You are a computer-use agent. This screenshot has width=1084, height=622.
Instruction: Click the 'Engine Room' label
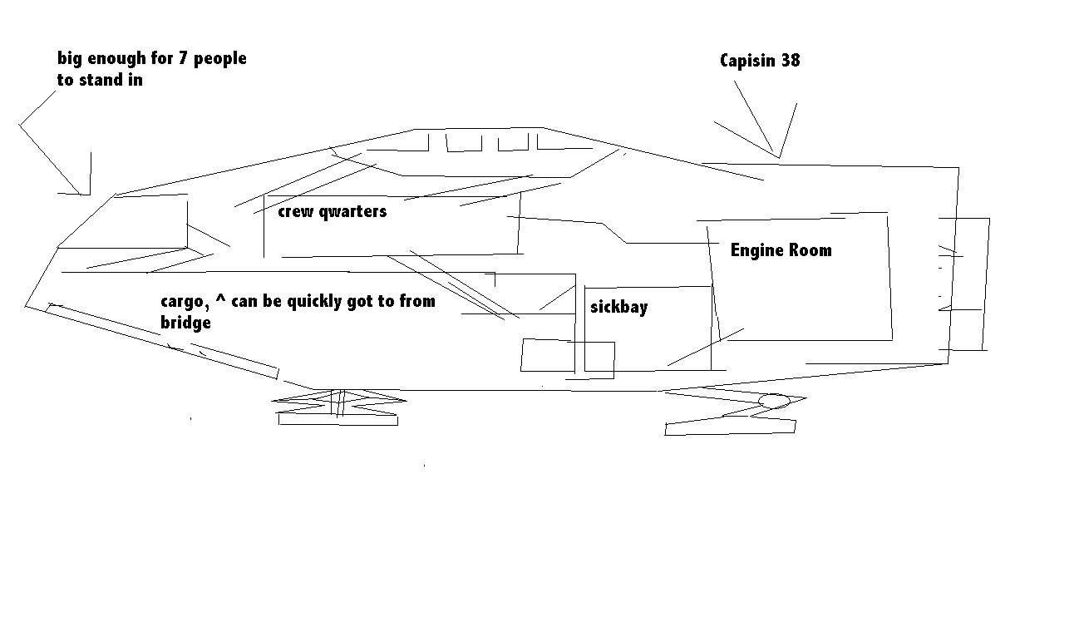click(x=781, y=250)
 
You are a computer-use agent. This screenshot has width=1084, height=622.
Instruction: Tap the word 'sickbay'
click(x=619, y=307)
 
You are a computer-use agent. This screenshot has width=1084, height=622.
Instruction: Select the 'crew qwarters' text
click(x=333, y=211)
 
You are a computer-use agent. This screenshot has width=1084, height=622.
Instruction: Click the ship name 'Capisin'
click(x=748, y=61)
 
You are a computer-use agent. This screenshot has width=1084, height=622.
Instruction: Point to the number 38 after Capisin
click(x=791, y=61)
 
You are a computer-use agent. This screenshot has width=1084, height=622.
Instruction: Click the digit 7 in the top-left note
click(x=182, y=58)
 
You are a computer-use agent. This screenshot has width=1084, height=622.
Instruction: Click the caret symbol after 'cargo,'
click(x=220, y=297)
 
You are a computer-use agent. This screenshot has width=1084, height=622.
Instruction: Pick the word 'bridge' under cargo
click(x=186, y=323)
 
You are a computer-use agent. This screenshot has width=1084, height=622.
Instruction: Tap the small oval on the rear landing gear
click(x=774, y=401)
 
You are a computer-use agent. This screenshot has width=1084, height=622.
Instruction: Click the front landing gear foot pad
click(x=338, y=419)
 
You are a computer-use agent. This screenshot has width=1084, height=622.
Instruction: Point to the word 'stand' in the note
click(x=101, y=80)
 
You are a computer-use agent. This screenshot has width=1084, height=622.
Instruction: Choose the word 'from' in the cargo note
click(x=417, y=301)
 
